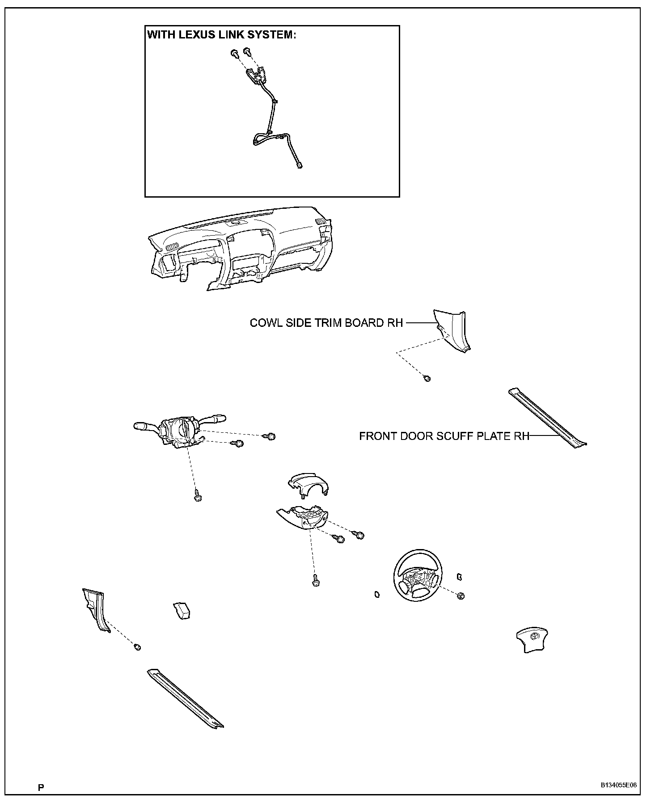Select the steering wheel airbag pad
point(532,641)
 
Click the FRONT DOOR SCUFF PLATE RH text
point(444,436)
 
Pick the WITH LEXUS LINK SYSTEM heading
point(222,35)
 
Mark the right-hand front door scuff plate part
point(547,418)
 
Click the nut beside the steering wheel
point(461,596)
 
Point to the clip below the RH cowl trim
point(427,379)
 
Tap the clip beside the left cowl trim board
point(138,647)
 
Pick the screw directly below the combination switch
point(197,497)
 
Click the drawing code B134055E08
point(618,785)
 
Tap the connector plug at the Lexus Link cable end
point(299,166)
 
